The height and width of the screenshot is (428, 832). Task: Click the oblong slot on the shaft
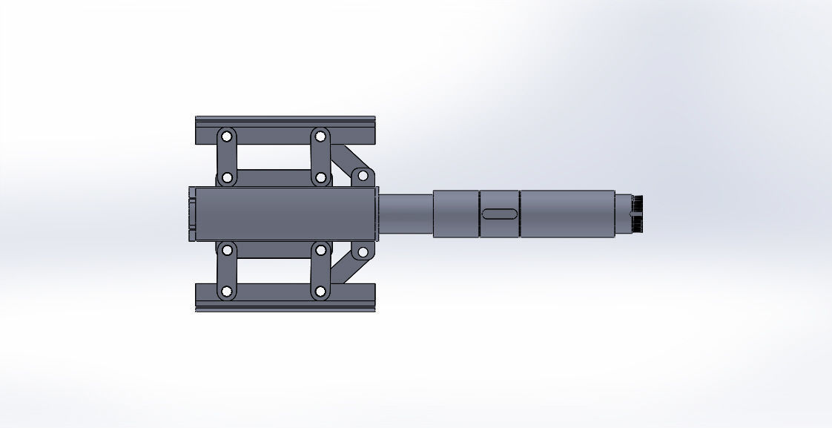pyautogui.click(x=501, y=214)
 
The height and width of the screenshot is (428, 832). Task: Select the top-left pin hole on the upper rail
pyautogui.click(x=226, y=136)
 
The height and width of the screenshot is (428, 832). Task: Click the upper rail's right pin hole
pyautogui.click(x=320, y=136)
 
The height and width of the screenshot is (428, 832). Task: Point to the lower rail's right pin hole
pyautogui.click(x=320, y=291)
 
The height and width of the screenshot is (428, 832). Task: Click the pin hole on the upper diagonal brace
pyautogui.click(x=363, y=176)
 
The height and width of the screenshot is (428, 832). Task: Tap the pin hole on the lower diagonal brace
pyautogui.click(x=363, y=252)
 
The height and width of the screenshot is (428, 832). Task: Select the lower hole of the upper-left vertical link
pyautogui.click(x=226, y=178)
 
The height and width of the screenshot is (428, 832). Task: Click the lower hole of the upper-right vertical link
pyautogui.click(x=320, y=178)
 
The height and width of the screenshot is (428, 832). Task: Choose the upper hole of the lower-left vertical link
pyautogui.click(x=226, y=250)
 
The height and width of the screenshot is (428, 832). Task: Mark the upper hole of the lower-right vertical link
pyautogui.click(x=320, y=250)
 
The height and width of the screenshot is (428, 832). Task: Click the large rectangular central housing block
pyautogui.click(x=282, y=214)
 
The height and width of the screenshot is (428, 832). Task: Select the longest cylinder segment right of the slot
pyautogui.click(x=567, y=214)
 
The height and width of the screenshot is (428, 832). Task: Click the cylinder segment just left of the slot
pyautogui.click(x=455, y=214)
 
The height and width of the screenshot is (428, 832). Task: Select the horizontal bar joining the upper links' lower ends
pyautogui.click(x=273, y=178)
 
